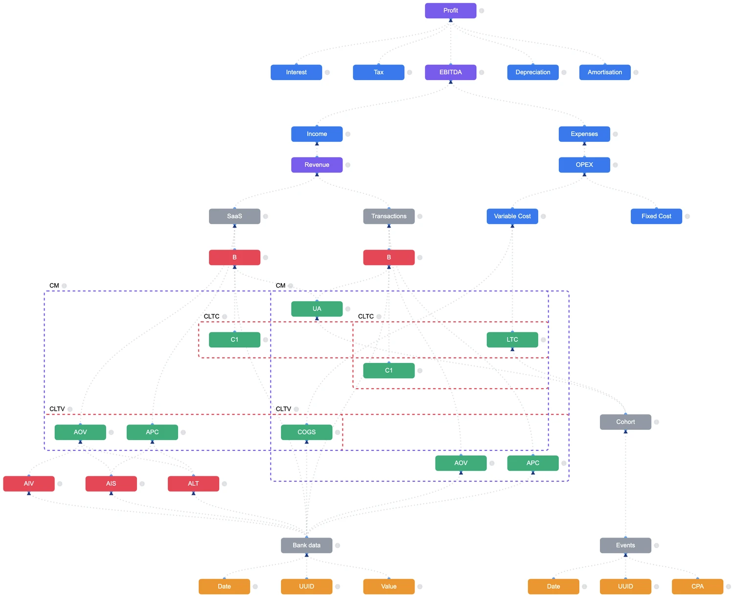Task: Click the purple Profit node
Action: coord(450,11)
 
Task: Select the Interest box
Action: coord(296,72)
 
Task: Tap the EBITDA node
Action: coord(450,72)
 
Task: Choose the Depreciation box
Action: coord(532,72)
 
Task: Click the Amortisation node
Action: coord(605,72)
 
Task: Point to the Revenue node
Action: coord(317,165)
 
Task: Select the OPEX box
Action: coord(584,165)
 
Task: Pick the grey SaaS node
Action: coord(234,216)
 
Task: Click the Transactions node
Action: coord(389,216)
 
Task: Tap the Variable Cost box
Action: coord(512,216)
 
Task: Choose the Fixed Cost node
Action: coord(656,216)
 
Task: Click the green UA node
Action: coord(317,309)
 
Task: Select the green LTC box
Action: coord(512,340)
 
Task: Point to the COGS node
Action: coord(306,432)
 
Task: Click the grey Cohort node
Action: coord(625,422)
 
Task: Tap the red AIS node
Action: coord(111,484)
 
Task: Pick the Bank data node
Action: coord(306,545)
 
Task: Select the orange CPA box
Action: coord(697,586)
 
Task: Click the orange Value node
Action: coord(389,586)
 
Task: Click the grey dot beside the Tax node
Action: coord(410,72)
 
